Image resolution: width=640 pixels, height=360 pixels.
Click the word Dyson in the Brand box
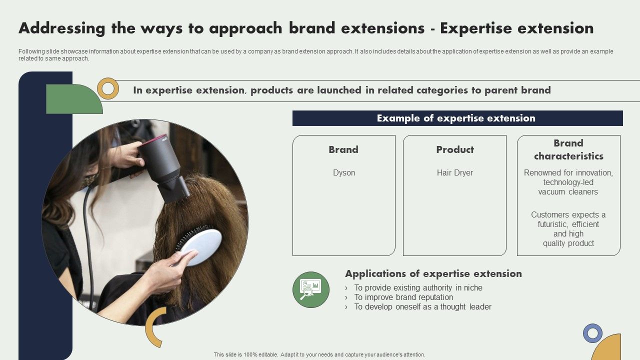[344, 172]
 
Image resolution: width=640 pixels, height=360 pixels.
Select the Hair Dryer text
[454, 172]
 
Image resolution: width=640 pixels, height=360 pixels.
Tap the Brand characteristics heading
[568, 149]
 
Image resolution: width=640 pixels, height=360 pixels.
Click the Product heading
[454, 149]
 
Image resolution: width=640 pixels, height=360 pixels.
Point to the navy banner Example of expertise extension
[457, 118]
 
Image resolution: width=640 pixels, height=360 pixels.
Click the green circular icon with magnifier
[311, 289]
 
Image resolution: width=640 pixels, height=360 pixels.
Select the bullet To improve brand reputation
[403, 297]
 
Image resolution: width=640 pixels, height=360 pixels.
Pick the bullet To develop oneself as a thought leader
[422, 306]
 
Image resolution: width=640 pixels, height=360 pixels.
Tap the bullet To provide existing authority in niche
[418, 287]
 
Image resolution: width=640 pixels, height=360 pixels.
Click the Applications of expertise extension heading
[433, 273]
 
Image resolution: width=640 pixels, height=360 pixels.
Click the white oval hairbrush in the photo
[201, 247]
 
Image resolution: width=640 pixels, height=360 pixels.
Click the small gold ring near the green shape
[108, 88]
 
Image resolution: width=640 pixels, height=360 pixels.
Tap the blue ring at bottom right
[592, 333]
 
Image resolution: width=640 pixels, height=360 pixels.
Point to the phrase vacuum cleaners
[568, 191]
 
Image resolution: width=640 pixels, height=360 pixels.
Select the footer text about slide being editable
[319, 354]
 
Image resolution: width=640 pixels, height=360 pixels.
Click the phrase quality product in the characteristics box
[568, 243]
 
